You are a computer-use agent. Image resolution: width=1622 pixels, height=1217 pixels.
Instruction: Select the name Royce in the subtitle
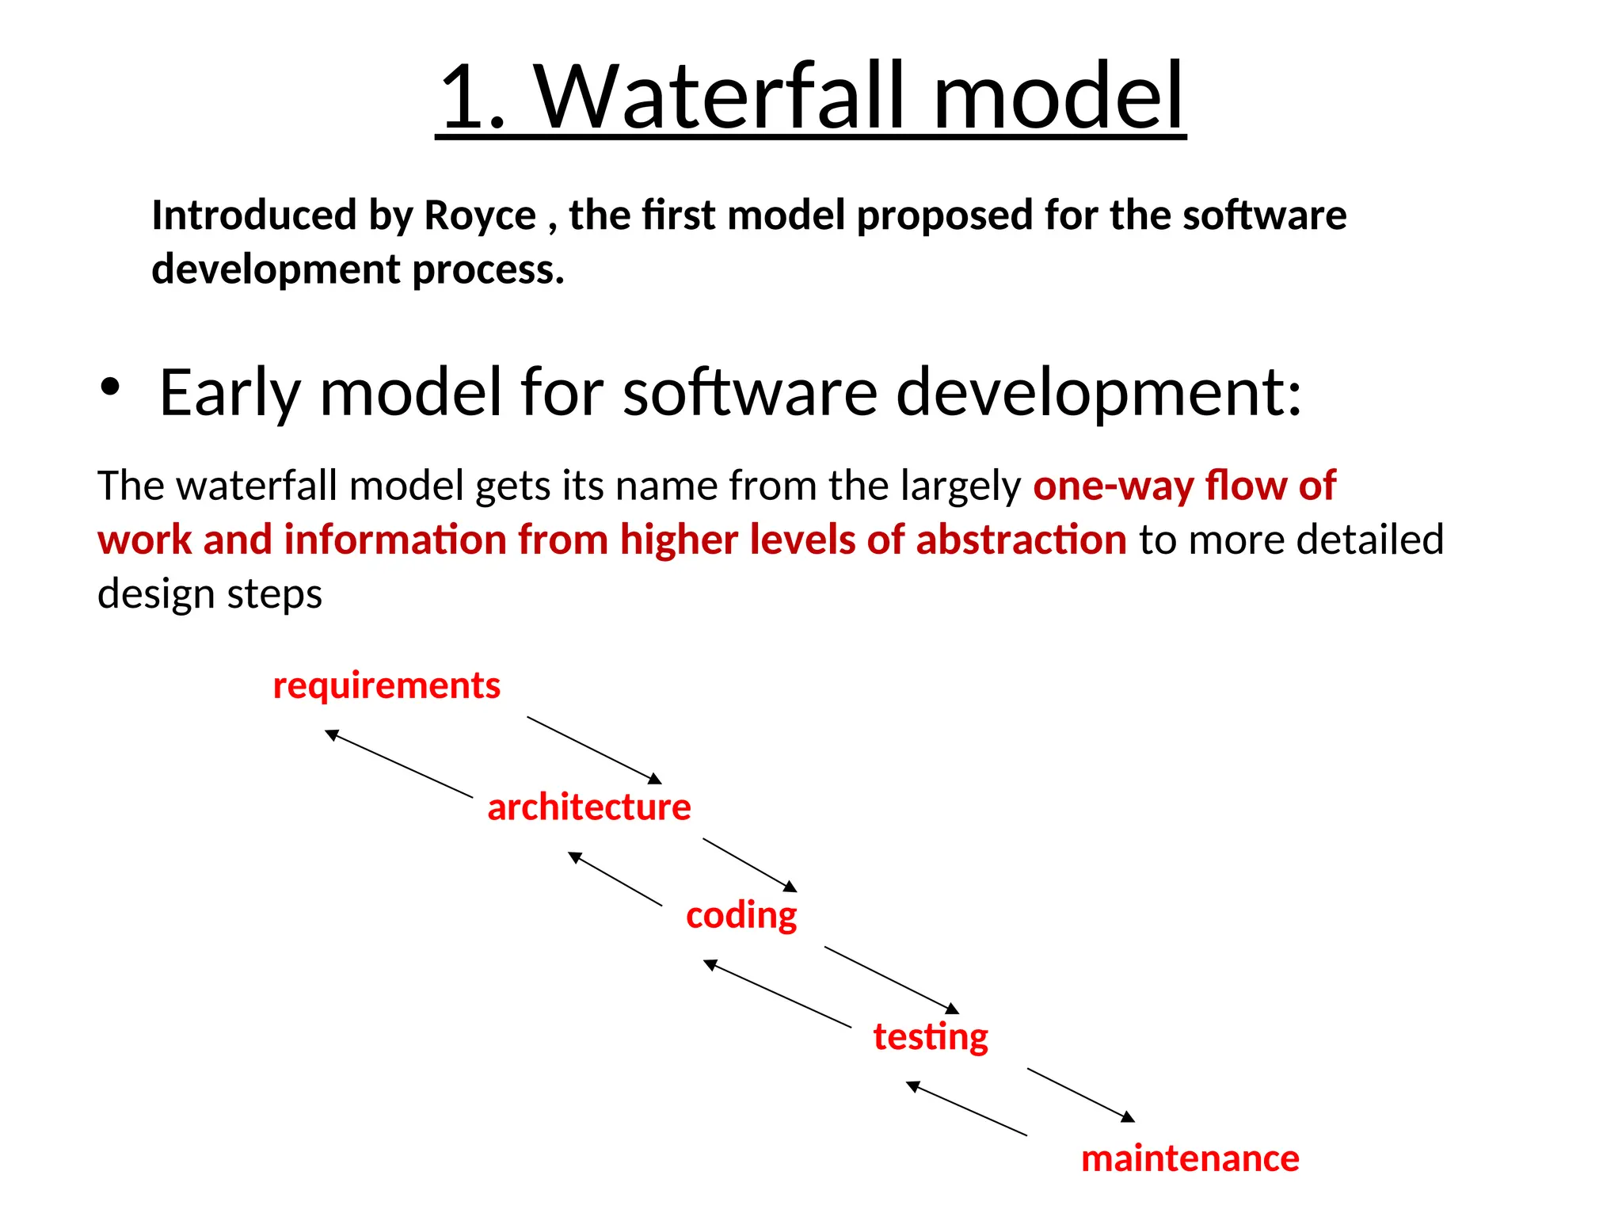pos(480,216)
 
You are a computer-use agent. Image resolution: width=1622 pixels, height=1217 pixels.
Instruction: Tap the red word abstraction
pos(1021,540)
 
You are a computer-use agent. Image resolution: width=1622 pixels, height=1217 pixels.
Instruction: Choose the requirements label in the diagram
pos(386,685)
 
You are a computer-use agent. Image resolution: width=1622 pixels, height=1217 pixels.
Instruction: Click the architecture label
pos(588,807)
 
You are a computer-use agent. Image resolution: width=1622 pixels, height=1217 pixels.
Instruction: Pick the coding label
pos(741,916)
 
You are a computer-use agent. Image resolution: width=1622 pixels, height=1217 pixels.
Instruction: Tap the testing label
pos(931,1037)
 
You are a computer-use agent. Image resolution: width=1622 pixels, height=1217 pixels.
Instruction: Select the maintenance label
pos(1190,1159)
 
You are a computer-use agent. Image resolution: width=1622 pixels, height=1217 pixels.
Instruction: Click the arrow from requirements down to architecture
pos(594,750)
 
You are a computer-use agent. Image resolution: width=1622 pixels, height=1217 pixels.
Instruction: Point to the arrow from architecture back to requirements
pos(399,764)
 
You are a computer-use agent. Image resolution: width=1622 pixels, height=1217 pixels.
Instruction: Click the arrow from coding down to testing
pos(892,979)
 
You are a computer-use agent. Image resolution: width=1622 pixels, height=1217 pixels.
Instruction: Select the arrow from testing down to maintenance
pos(1081,1095)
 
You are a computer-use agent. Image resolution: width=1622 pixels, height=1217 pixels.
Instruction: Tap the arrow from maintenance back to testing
pos(966,1108)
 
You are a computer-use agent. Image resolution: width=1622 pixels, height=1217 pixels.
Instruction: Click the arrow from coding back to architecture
pos(615,879)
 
